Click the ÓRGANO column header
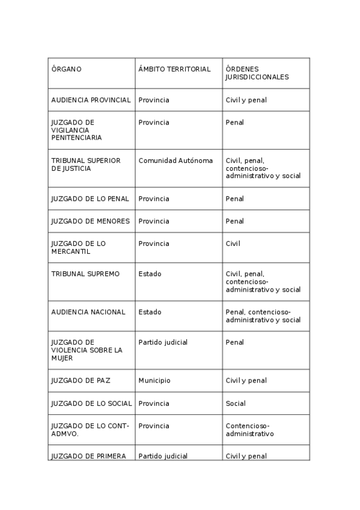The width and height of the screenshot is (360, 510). coord(67,69)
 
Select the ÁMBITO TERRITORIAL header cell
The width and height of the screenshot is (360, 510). coord(174,69)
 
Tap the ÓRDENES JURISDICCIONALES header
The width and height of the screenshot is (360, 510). coord(257,73)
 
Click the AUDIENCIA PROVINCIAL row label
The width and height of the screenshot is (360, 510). coord(91,100)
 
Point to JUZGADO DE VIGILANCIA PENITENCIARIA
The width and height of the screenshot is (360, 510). coord(77,130)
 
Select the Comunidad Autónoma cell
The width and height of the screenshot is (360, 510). coord(175,161)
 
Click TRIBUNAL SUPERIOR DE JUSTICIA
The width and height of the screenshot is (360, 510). coord(86,164)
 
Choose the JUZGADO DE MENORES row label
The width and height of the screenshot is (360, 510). coord(91,221)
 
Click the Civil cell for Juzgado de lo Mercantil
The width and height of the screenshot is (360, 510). coord(233,244)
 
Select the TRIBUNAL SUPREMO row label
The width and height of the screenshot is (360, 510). coord(85,274)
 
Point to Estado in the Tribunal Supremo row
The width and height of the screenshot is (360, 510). coord(150,274)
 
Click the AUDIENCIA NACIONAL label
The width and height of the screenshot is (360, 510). coord(88,312)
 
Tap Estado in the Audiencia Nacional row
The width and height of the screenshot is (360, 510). coord(150,312)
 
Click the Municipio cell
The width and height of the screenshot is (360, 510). coord(154,381)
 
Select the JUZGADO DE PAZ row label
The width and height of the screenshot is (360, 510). coord(81,381)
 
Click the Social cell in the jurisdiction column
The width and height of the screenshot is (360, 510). coord(236,404)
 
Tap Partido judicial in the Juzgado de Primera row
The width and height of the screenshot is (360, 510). coord(163,456)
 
